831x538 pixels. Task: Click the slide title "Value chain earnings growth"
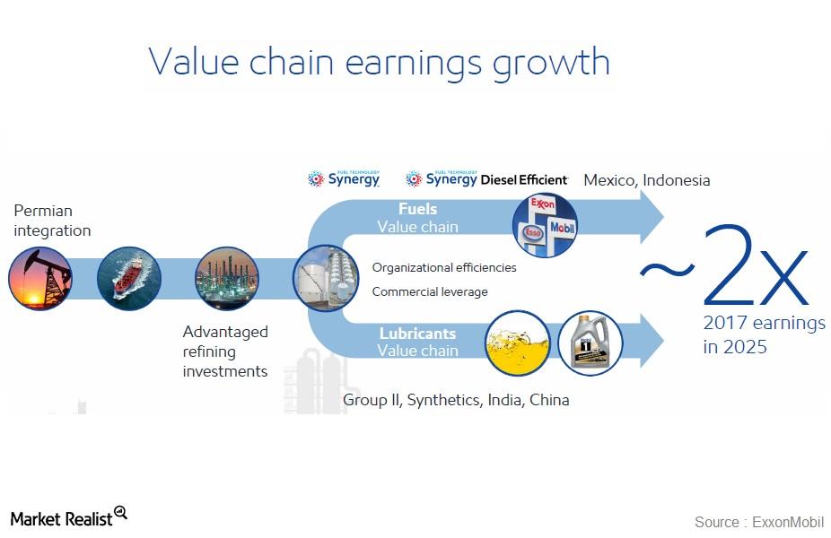[379, 63]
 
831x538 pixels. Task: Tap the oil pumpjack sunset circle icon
[39, 279]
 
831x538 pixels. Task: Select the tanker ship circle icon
[128, 279]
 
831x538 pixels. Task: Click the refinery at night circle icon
[226, 279]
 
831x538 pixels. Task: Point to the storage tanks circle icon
[324, 279]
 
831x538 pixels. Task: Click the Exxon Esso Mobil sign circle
[545, 226]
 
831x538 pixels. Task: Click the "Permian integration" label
[52, 221]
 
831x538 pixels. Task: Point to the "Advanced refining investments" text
[225, 351]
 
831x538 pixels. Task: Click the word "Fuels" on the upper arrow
[417, 209]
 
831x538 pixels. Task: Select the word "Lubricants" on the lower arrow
[417, 333]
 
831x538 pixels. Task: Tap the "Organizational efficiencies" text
[444, 267]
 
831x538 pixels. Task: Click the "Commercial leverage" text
[430, 291]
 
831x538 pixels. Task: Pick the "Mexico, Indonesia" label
[646, 180]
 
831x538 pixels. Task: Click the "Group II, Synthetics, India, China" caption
[456, 400]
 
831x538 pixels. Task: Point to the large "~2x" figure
[725, 267]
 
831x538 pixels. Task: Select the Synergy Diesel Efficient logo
[486, 179]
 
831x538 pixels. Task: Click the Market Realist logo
[68, 517]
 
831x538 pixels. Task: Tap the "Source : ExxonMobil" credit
[758, 522]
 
